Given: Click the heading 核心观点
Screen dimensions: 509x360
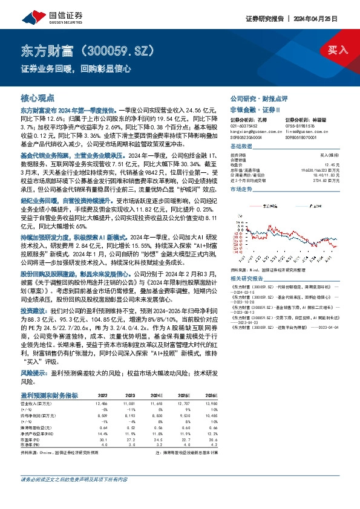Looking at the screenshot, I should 38,97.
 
